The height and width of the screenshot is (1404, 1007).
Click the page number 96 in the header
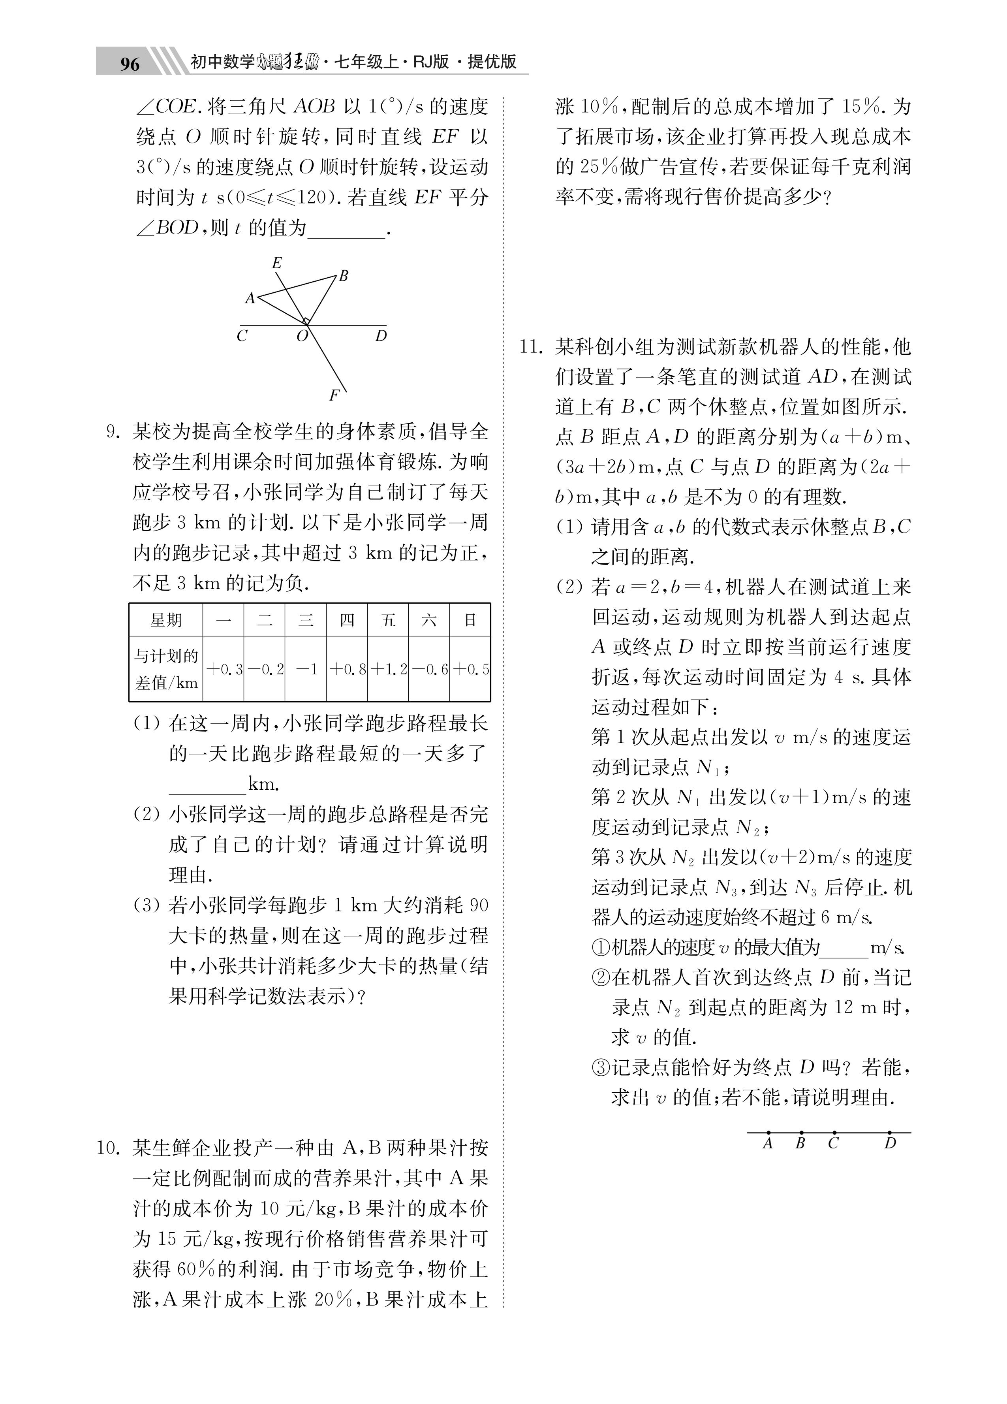tap(130, 64)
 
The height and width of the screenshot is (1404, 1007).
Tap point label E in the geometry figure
tap(277, 263)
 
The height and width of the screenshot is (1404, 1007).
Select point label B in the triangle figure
tap(344, 276)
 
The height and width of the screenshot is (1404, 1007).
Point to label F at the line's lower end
tap(334, 395)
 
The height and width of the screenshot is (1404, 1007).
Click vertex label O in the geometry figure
tap(302, 337)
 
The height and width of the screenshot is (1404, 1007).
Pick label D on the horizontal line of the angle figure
tap(381, 336)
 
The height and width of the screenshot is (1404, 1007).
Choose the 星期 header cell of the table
tap(166, 620)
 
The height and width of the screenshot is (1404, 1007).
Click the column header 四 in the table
tap(347, 620)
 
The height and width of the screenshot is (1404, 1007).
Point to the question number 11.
tap(531, 347)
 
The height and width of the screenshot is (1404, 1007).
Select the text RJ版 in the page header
tap(431, 62)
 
